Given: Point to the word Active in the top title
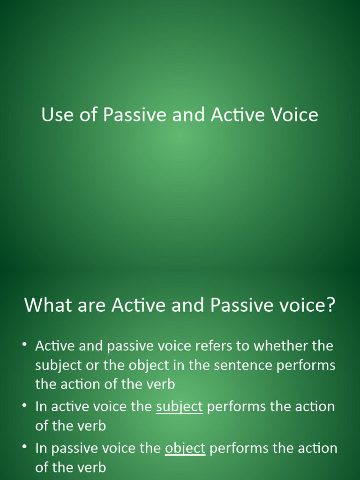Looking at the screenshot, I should (236, 115).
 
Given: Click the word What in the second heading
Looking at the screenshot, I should (48, 305).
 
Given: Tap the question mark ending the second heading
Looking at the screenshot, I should (331, 305).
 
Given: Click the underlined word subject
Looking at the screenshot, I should (179, 407).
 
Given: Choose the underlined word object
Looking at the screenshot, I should (185, 449).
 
